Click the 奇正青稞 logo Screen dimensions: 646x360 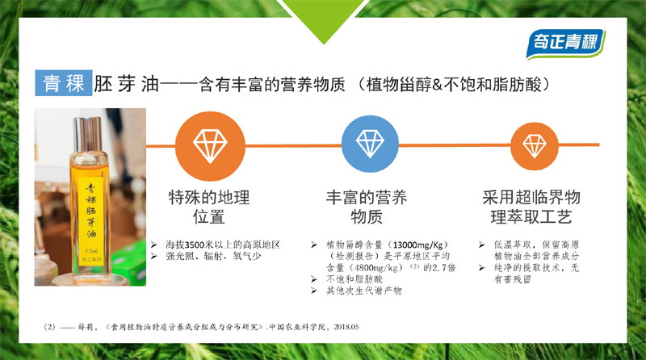pyautogui.click(x=565, y=44)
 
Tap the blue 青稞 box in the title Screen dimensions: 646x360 pyautogui.click(x=64, y=83)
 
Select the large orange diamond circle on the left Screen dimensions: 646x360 pyautogui.click(x=210, y=146)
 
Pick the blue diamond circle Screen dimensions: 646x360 pyautogui.click(x=370, y=144)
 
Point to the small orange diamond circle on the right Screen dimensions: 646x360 pyautogui.click(x=535, y=146)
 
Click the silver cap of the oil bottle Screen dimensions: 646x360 pyautogui.click(x=87, y=135)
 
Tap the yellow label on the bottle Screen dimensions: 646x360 pyautogui.click(x=90, y=222)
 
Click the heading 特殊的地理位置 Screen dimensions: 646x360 pyautogui.click(x=209, y=207)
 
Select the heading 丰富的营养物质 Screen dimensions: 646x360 pyautogui.click(x=367, y=207)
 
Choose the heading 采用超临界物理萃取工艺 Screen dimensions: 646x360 pyautogui.click(x=531, y=207)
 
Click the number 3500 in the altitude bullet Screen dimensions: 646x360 pyautogui.click(x=195, y=245)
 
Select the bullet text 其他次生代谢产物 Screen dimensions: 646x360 pyautogui.click(x=364, y=291)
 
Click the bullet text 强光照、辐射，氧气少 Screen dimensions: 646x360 pyautogui.click(x=213, y=256)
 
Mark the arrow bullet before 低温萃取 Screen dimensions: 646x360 pyautogui.click(x=481, y=245)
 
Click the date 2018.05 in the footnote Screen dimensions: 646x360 pyautogui.click(x=346, y=327)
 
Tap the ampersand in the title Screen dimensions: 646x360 pyautogui.click(x=437, y=85)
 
